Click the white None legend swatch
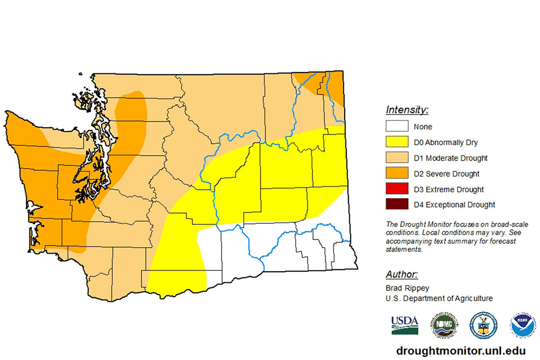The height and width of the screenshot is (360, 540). click(397, 126)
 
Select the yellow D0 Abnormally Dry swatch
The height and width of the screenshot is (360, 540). click(397, 142)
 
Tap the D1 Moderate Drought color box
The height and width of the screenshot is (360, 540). click(397, 158)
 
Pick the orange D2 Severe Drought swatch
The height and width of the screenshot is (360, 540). click(397, 173)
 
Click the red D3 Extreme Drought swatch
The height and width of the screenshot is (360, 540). click(397, 189)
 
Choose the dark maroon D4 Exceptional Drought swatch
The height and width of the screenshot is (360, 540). click(397, 205)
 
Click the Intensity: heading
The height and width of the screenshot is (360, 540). click(407, 110)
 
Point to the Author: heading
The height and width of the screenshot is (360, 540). click(402, 274)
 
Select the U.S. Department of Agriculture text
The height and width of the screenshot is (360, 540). click(439, 298)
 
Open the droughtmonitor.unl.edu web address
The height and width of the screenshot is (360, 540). click(460, 351)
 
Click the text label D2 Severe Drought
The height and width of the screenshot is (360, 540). click(446, 174)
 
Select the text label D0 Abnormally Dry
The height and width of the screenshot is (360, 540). click(445, 143)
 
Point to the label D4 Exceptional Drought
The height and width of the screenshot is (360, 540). click(454, 205)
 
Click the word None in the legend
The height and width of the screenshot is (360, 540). click(423, 127)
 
